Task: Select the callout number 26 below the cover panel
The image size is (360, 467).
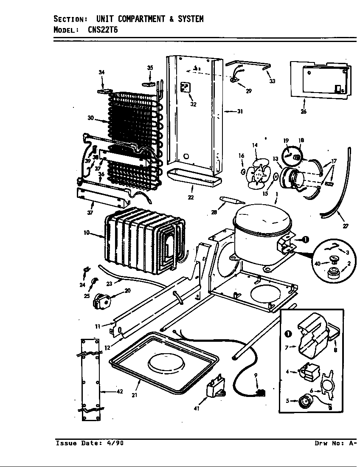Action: coord(304,112)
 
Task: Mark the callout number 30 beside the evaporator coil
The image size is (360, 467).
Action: coord(90,118)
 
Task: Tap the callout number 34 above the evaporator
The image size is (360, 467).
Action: coord(101,73)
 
